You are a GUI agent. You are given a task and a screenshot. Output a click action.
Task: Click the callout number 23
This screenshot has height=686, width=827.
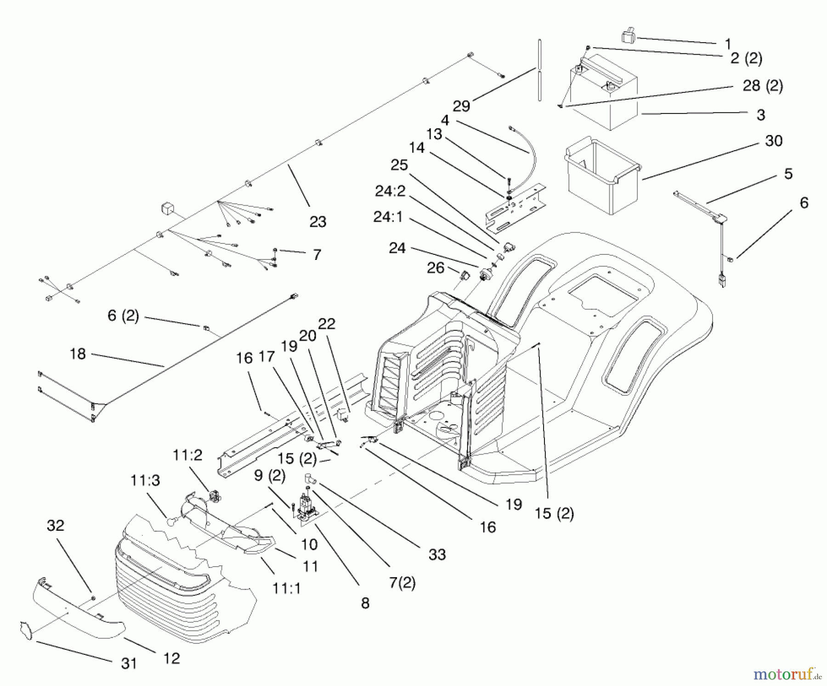click(317, 222)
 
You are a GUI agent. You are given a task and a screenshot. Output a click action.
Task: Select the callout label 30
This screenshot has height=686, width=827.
click(774, 141)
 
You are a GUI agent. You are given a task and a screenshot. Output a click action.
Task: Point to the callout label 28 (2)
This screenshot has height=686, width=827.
click(763, 86)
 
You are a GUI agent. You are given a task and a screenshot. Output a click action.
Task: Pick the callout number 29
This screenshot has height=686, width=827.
click(461, 106)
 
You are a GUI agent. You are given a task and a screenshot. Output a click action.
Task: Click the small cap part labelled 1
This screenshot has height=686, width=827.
click(629, 36)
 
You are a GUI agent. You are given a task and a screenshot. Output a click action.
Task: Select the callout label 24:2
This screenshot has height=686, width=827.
click(390, 191)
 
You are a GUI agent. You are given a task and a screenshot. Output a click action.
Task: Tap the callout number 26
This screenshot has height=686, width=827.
click(436, 268)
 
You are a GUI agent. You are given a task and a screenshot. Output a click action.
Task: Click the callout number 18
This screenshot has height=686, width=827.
click(78, 354)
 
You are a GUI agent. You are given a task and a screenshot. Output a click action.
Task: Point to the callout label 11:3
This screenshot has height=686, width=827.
click(145, 480)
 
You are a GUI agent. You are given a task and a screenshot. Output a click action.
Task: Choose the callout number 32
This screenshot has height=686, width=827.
click(56, 525)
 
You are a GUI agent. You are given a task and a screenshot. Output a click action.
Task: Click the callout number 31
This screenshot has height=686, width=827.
click(129, 663)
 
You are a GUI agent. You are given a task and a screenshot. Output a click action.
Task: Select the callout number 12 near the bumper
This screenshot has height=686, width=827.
click(171, 658)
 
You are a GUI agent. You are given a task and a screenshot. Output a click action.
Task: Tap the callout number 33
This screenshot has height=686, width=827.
click(437, 555)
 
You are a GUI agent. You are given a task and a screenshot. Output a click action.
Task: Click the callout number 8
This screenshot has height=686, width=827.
click(365, 603)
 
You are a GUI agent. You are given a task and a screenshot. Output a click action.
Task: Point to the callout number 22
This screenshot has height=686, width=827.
click(327, 324)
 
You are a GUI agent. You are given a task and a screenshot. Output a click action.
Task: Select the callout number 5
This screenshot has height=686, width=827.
click(788, 174)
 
